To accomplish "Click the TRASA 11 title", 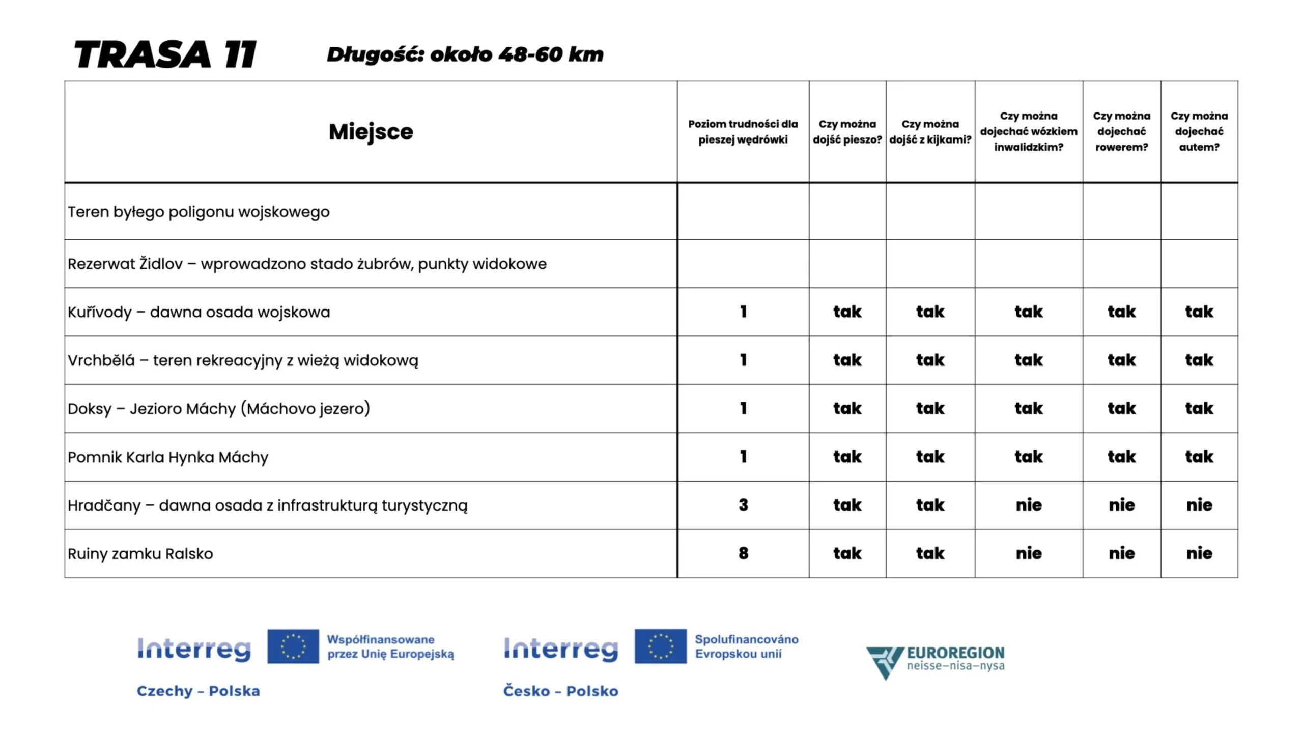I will coord(165,54).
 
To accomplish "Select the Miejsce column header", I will coord(371,132).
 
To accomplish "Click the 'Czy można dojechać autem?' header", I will coord(1199,131).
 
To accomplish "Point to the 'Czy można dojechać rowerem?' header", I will coord(1121,131).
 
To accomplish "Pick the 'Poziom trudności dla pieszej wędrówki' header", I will coord(743,131).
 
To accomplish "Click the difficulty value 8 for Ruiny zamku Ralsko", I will coord(743,553).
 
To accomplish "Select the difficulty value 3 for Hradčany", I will coord(743,505).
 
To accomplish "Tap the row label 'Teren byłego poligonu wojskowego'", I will coord(199,212).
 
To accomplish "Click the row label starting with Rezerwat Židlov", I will coord(307,264).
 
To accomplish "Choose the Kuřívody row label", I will coord(199,312).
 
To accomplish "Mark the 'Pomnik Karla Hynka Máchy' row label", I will coord(168,457).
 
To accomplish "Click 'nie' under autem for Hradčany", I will coord(1199,505).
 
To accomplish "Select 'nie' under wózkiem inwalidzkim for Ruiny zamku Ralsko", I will coord(1028,553).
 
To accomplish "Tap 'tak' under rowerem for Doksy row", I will coord(1121,408).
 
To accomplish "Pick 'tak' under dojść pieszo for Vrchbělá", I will coord(847,360).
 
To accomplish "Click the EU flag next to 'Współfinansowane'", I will coord(293,646).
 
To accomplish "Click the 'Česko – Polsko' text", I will coord(560,691).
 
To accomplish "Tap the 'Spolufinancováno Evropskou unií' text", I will coord(746,646).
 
